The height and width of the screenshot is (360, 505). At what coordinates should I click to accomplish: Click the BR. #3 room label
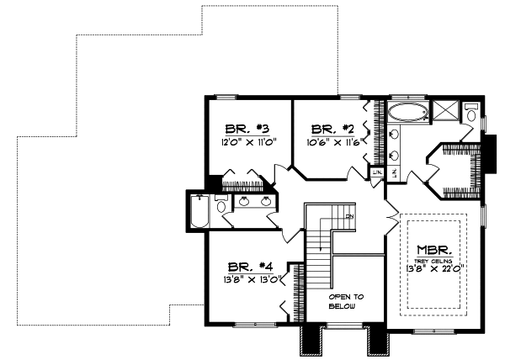pyautogui.click(x=246, y=129)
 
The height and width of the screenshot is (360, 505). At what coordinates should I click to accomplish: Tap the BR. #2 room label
pyautogui.click(x=330, y=129)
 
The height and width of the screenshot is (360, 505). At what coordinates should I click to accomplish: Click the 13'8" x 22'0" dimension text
pyautogui.click(x=436, y=270)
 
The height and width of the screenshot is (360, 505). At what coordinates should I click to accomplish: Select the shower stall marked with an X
pyautogui.click(x=446, y=111)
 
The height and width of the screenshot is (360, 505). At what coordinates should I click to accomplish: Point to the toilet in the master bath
pyautogui.click(x=471, y=114)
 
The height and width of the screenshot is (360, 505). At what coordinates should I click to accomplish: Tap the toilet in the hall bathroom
pyautogui.click(x=221, y=205)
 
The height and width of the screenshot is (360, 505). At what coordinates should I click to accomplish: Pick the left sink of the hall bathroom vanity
pyautogui.click(x=243, y=202)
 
